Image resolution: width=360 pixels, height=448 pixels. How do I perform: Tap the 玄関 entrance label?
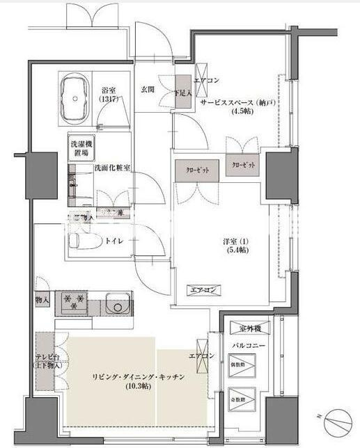tap(148, 89)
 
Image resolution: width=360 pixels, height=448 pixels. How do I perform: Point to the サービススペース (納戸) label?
tap(238, 102)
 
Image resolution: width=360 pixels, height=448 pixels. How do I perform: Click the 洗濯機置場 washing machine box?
tap(81, 148)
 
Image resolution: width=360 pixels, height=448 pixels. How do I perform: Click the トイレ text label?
tap(114, 242)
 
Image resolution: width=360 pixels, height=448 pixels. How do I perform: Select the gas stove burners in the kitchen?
tap(75, 303)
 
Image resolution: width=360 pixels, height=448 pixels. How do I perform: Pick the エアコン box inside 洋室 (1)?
tap(205, 289)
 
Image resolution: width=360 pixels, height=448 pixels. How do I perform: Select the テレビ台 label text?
tap(47, 357)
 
